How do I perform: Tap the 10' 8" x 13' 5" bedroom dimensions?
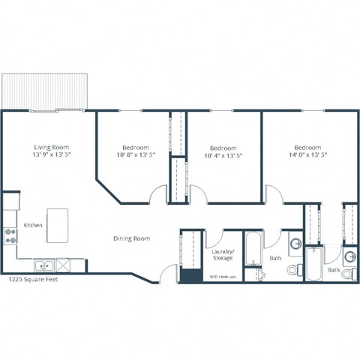136,156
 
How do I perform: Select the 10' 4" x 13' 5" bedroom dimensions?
223,156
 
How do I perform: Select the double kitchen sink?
43,265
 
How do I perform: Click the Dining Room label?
131,238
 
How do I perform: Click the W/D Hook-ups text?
222,276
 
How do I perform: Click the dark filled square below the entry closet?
187,274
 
